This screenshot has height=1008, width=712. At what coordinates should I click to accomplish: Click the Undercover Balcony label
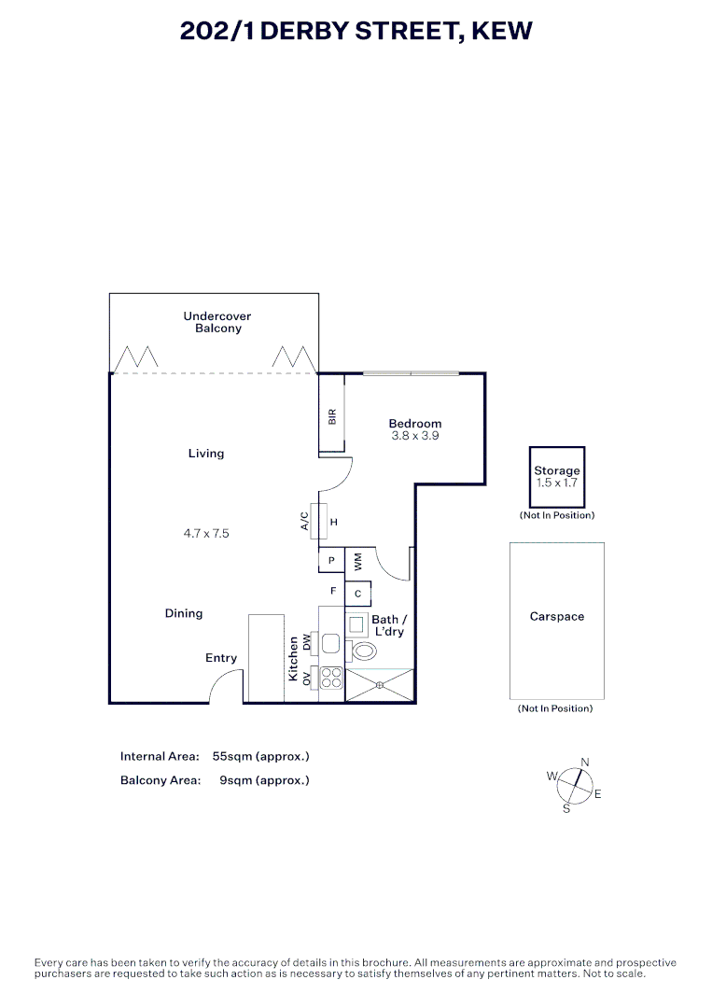[x=217, y=322]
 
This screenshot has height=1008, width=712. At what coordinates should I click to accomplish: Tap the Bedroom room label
[x=415, y=424]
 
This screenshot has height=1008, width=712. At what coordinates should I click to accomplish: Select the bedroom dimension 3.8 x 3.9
[x=415, y=436]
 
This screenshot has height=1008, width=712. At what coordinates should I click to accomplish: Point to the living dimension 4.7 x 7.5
[x=206, y=534]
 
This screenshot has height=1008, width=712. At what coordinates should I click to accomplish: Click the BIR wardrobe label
[x=331, y=416]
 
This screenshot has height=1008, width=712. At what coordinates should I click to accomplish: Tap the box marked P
[x=331, y=561]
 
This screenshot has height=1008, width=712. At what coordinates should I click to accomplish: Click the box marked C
[x=358, y=594]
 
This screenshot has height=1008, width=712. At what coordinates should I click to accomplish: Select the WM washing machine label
[x=357, y=561]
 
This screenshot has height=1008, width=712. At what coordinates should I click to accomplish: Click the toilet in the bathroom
[x=362, y=651]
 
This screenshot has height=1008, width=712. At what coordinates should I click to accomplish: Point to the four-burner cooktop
[x=331, y=679]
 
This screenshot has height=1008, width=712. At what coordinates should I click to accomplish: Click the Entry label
[x=221, y=658]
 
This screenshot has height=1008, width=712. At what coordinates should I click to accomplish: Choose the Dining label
[x=184, y=613]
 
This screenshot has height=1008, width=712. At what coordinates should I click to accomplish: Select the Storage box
[x=557, y=477]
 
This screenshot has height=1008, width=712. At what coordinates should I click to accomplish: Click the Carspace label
[x=557, y=617]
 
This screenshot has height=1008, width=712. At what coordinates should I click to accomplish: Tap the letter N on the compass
[x=585, y=763]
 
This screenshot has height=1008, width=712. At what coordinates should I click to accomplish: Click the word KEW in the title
[x=502, y=31]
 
